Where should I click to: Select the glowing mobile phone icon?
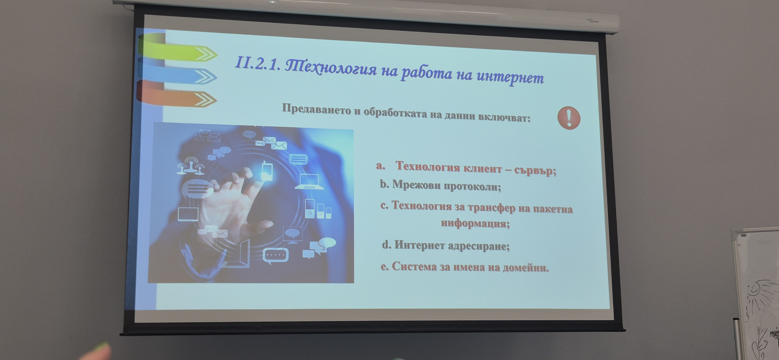pyautogui.click(x=266, y=171)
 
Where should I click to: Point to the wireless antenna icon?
pyautogui.click(x=190, y=166)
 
